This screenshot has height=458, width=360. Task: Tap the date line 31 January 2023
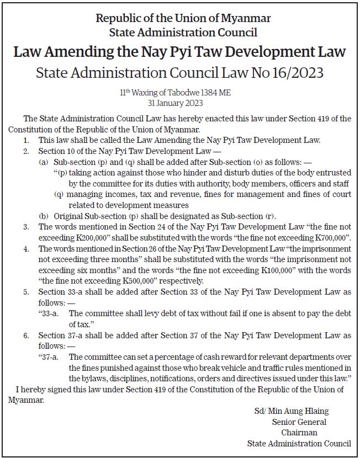coord(180,103)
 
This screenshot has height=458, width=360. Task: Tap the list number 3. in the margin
coord(26,226)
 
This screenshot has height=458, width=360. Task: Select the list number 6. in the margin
coord(26,335)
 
